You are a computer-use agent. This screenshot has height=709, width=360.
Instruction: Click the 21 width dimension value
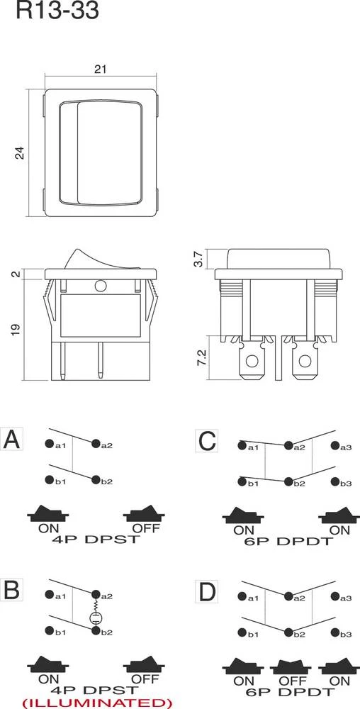point(100,68)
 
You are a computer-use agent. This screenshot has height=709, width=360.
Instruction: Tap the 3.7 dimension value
point(200,259)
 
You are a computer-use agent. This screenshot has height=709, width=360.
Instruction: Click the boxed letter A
point(13,441)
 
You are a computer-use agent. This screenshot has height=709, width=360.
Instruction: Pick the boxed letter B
point(13,590)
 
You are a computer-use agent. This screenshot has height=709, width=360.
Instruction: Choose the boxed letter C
point(206,441)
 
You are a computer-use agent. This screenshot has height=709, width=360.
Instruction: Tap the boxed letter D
point(206,590)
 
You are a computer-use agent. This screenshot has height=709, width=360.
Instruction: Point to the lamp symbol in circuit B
point(94,618)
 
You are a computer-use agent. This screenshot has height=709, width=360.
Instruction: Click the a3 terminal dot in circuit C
point(333,447)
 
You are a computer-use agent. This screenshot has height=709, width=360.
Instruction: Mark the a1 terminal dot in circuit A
point(50,445)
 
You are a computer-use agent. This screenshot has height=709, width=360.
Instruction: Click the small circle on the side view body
point(100,286)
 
